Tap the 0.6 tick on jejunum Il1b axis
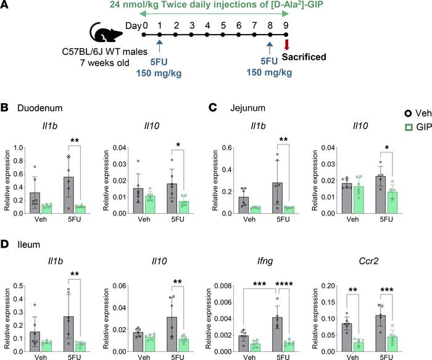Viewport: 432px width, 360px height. [x=234, y=130]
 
